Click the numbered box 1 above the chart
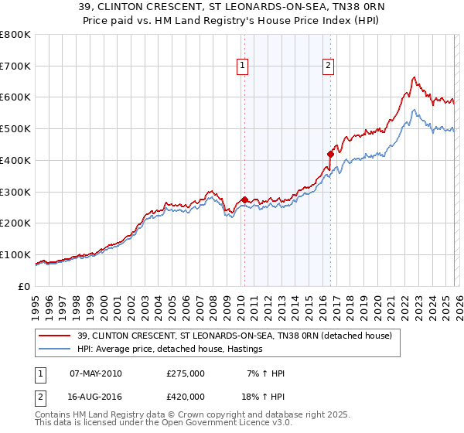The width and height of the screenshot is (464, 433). [x=243, y=66]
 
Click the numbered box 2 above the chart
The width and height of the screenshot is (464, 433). [x=329, y=66]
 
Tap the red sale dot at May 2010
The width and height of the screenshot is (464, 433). [x=244, y=199]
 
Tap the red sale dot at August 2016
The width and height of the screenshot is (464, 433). [x=330, y=154]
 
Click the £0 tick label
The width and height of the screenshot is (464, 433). [x=23, y=286]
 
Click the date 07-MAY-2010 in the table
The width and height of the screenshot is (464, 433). [x=95, y=373]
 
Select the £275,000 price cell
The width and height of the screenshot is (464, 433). [x=186, y=373]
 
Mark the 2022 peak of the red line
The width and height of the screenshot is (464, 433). [x=415, y=77]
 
